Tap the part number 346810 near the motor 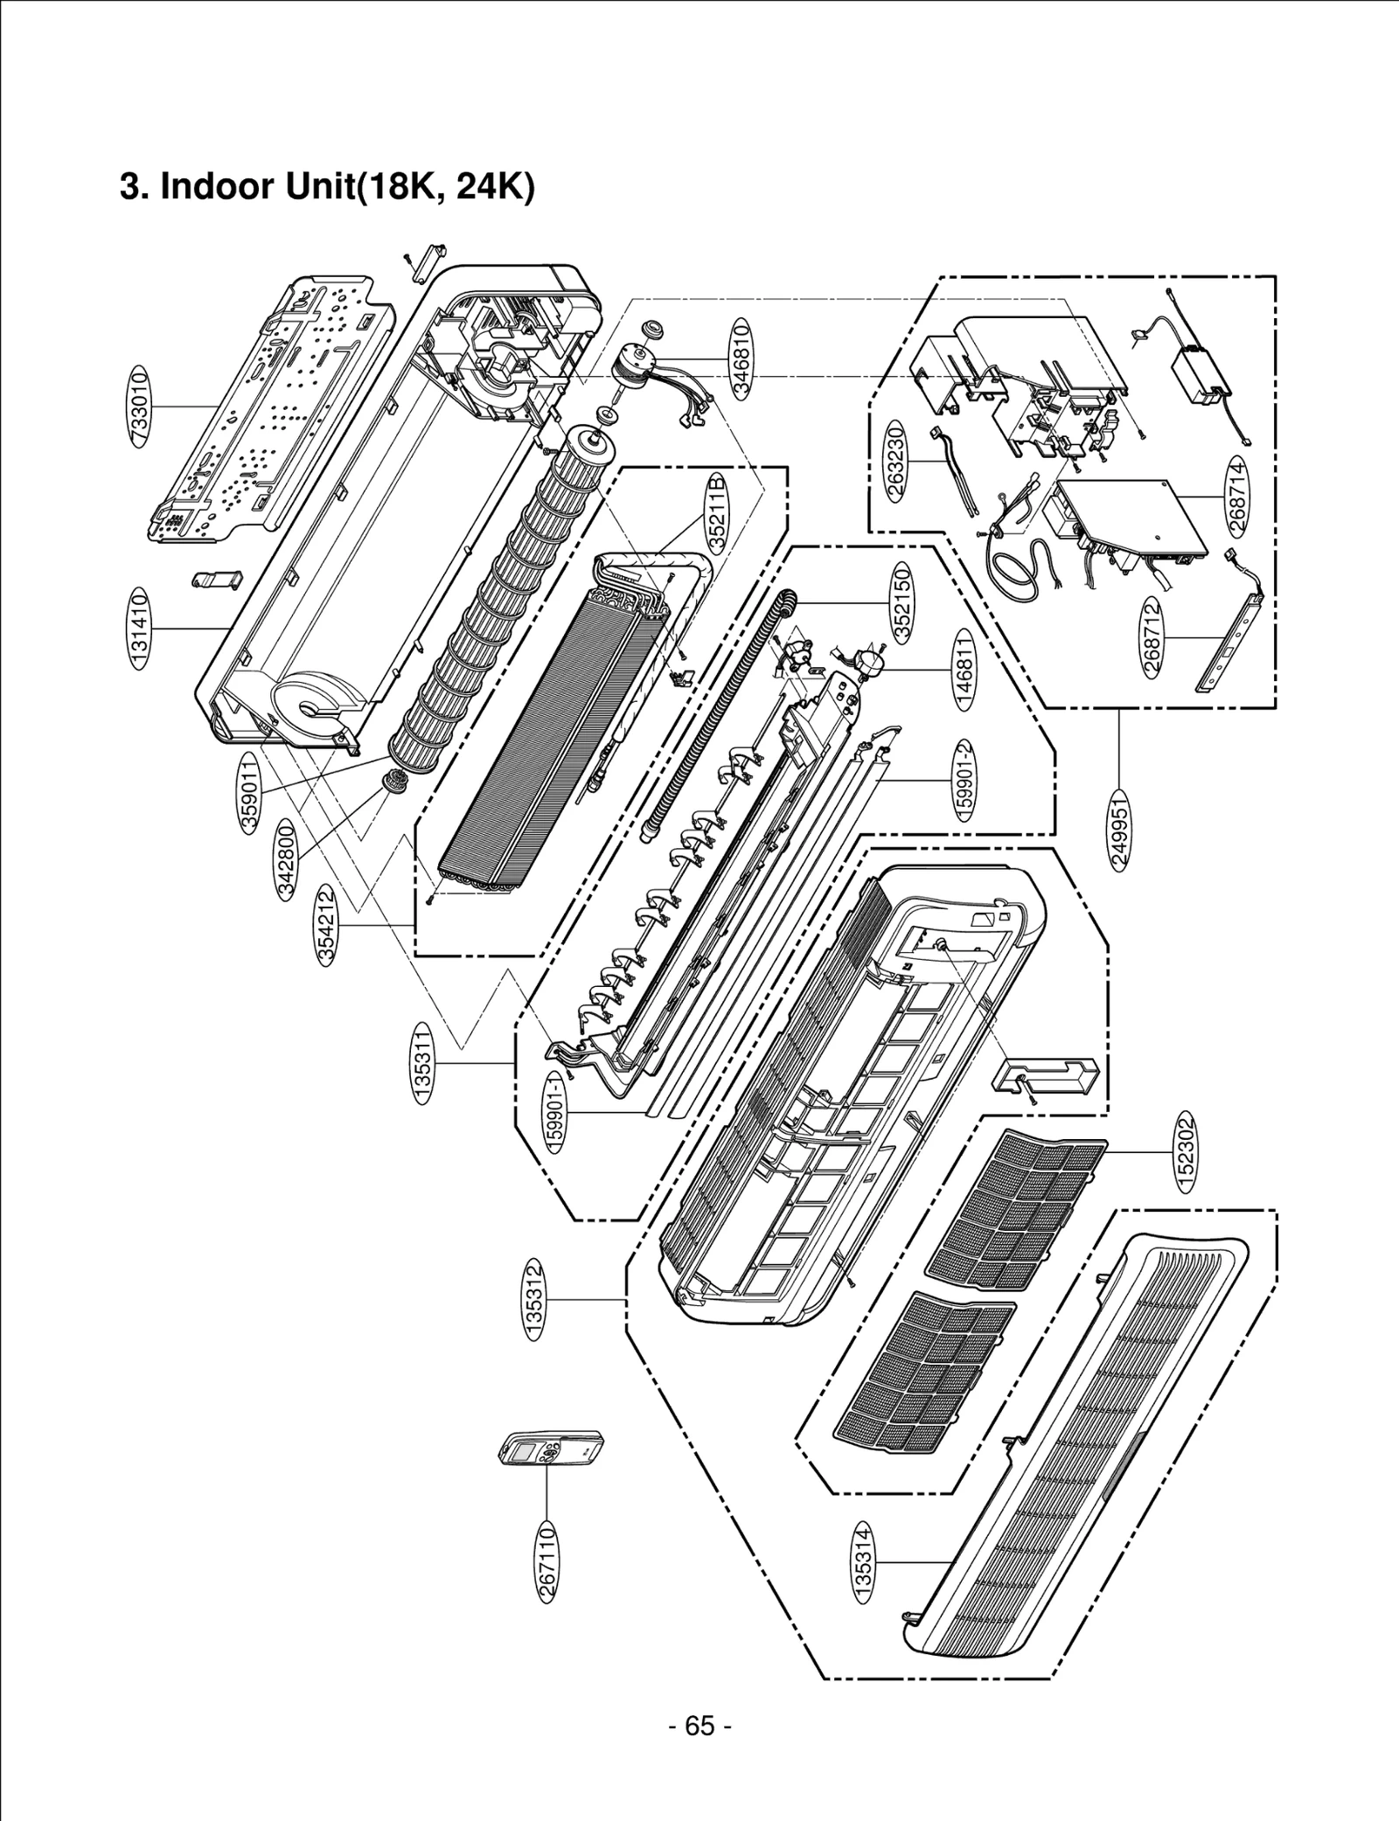click(741, 358)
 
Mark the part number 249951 click(1120, 828)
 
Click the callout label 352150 click(903, 602)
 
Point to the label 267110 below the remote click(547, 1561)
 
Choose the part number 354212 click(326, 925)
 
